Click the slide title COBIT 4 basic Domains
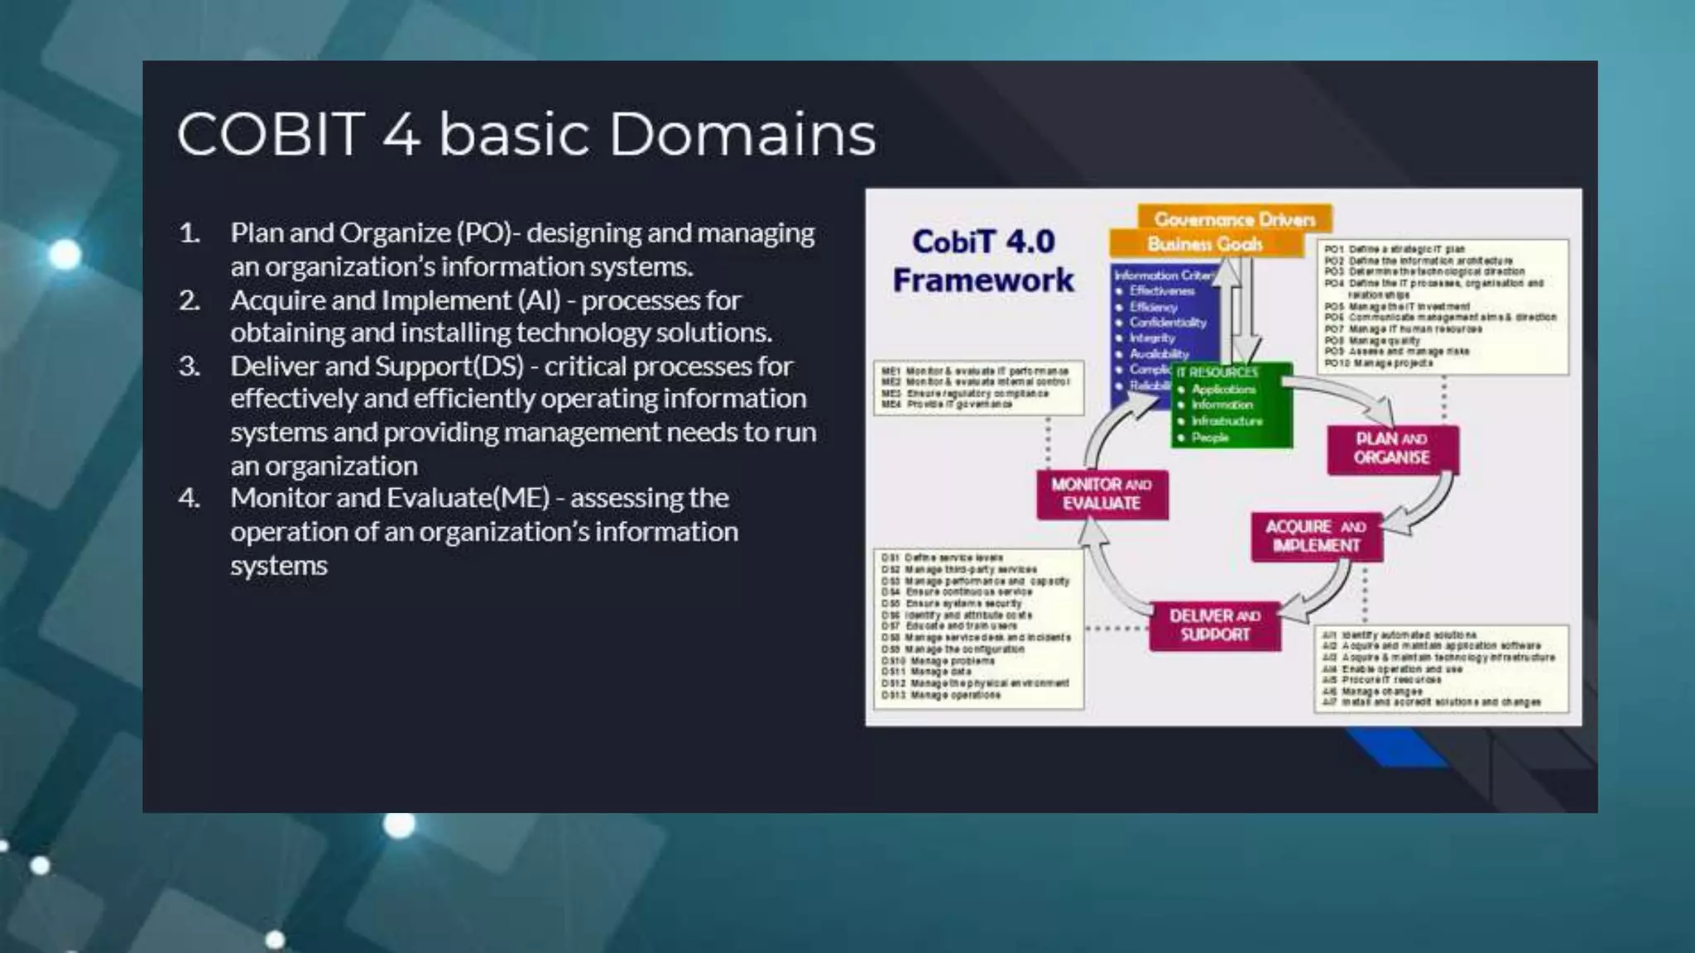pyautogui.click(x=526, y=134)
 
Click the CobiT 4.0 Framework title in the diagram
pyautogui.click(x=982, y=261)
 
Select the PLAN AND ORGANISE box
pyautogui.click(x=1392, y=448)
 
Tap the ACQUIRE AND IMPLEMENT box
pyautogui.click(x=1316, y=536)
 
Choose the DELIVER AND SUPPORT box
pyautogui.click(x=1215, y=625)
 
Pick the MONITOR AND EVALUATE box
pyautogui.click(x=1102, y=494)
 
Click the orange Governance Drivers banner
pyautogui.click(x=1234, y=219)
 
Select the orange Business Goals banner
pyautogui.click(x=1204, y=244)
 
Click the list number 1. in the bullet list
pyautogui.click(x=190, y=233)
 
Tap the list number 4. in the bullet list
pyautogui.click(x=190, y=499)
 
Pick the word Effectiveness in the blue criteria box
pyautogui.click(x=1162, y=291)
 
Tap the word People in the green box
pyautogui.click(x=1210, y=438)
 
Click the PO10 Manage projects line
pyautogui.click(x=1378, y=363)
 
